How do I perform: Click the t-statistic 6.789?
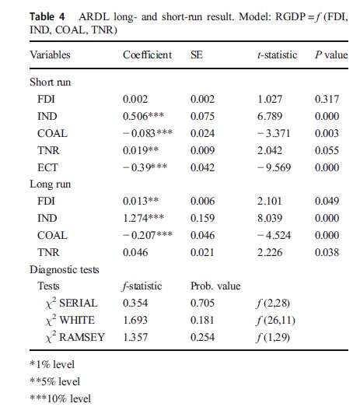point(271,116)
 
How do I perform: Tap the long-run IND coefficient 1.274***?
point(143,218)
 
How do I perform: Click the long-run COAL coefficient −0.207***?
point(148,235)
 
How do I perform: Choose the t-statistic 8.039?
point(271,218)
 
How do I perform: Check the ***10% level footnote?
point(60,398)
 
